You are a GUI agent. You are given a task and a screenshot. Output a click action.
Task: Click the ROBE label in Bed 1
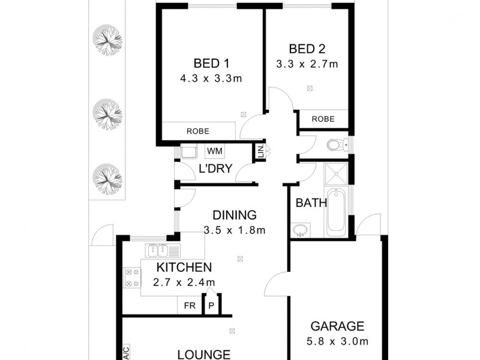(x=197, y=130)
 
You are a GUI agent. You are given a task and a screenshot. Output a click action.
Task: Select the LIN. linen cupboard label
(x=260, y=152)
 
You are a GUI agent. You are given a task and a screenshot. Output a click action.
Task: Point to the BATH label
(x=311, y=203)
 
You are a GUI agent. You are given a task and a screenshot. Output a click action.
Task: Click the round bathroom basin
(x=300, y=229)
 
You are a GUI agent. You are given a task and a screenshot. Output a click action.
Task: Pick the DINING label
(x=234, y=215)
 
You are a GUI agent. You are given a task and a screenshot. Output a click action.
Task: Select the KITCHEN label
(x=184, y=268)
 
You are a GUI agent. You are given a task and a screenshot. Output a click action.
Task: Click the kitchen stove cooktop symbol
(x=131, y=277)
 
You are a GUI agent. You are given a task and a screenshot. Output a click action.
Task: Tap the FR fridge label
(x=190, y=305)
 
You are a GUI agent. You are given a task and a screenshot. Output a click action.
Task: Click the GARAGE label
(x=337, y=326)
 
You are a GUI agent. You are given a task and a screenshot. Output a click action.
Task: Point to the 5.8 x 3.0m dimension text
(x=337, y=341)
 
